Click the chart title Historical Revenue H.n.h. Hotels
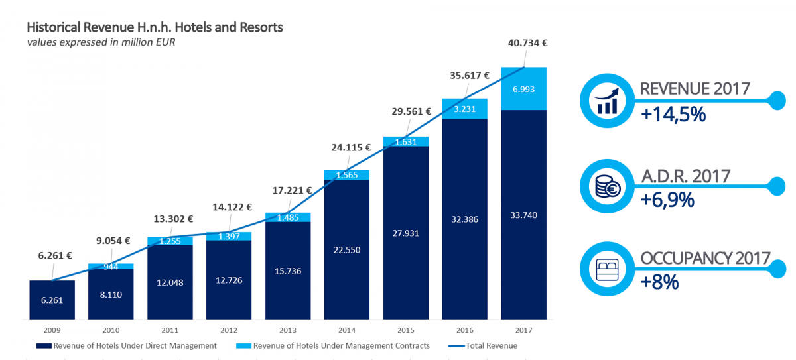(x=155, y=28)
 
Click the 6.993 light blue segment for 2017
(x=524, y=89)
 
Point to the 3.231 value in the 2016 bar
(x=465, y=109)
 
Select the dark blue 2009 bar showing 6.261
(x=52, y=300)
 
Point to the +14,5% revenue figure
(x=673, y=115)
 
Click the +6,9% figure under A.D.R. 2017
(x=667, y=199)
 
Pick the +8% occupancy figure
(x=660, y=282)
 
